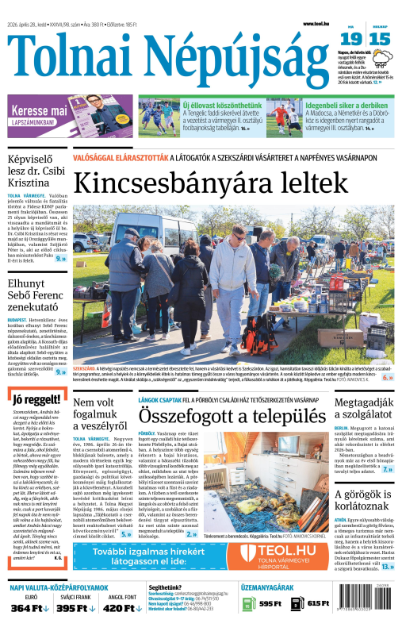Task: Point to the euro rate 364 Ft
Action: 31,608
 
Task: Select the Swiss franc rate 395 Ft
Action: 76,608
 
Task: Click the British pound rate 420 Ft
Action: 122,608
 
